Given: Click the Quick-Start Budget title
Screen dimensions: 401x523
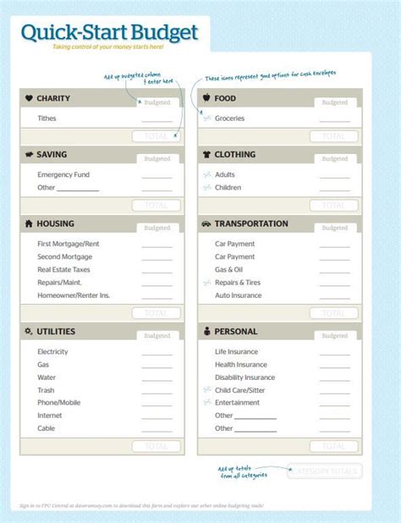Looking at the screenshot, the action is click(110, 32).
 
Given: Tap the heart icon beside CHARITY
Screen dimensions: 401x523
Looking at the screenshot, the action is click(29, 98).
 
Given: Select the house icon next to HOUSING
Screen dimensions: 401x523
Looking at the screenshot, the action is click(29, 224).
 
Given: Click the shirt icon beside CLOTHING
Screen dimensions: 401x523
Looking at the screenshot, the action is click(206, 155).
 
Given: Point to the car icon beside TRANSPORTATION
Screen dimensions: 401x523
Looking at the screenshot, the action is click(206, 224).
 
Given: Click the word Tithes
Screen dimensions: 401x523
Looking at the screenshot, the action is click(47, 118).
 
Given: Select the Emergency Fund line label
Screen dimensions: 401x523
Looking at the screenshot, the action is click(63, 174).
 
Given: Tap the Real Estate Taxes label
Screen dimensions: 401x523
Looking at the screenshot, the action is click(63, 269).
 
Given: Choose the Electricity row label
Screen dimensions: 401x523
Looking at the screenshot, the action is click(52, 351).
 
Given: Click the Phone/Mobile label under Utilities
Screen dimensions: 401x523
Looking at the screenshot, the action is click(59, 403).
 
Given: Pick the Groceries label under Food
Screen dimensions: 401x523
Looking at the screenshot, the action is click(230, 118).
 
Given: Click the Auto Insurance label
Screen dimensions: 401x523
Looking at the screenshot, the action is click(239, 295).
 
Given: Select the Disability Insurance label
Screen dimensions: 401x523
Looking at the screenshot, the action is click(244, 377).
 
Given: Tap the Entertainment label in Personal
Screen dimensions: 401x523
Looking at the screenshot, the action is click(239, 403).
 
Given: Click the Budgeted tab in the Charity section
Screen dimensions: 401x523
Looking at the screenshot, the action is click(157, 102).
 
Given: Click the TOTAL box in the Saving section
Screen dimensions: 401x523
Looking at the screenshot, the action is click(157, 205).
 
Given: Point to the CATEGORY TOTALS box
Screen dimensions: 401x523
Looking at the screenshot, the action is click(326, 471).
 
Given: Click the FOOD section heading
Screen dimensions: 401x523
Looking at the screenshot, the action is click(226, 98).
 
